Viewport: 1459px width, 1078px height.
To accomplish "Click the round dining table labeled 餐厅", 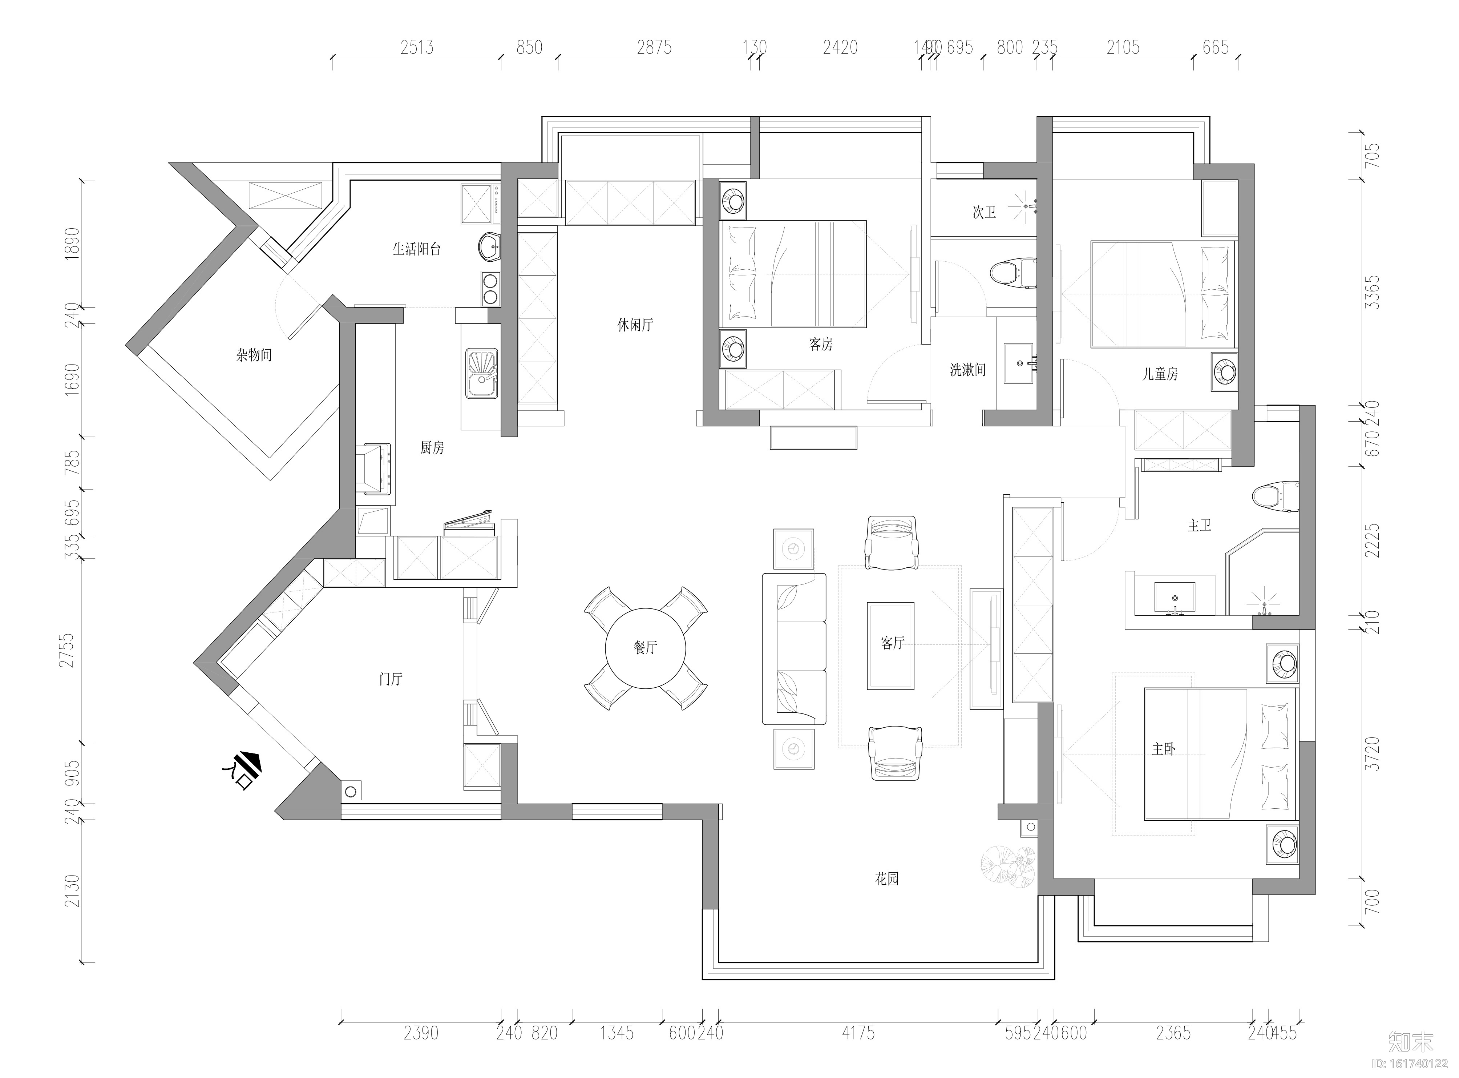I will pos(645,648).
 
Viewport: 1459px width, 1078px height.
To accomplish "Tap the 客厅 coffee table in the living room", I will pos(890,645).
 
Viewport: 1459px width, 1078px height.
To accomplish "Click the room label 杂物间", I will pos(254,355).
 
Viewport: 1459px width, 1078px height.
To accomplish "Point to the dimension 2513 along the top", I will pos(417,48).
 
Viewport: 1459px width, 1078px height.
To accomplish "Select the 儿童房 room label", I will pos(1160,374).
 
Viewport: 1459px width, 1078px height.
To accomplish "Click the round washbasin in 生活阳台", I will pos(489,247).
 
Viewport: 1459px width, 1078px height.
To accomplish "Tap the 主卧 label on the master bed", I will pos(1163,749).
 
